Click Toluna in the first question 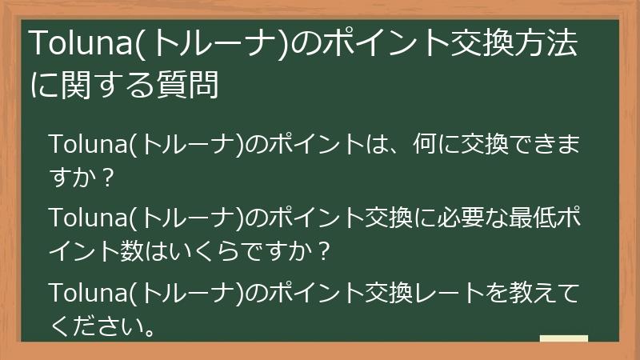click(87, 146)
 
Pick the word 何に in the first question click(438, 146)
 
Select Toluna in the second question click(87, 220)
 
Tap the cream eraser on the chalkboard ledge click(563, 338)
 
